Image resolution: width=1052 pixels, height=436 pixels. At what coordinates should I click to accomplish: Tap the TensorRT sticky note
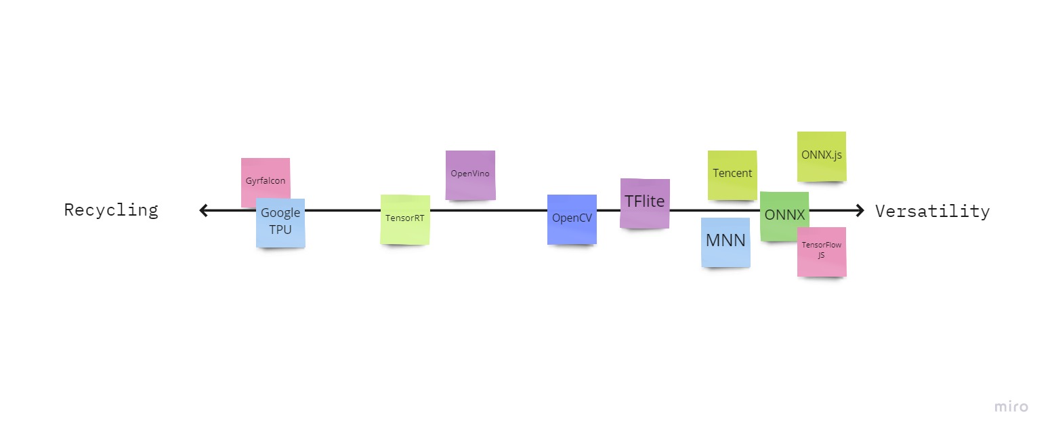(405, 219)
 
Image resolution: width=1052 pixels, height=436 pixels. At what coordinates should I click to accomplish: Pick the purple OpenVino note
(470, 174)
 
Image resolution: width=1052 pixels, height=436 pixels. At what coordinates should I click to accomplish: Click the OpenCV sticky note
(572, 219)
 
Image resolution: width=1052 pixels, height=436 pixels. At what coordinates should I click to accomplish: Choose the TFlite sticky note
(645, 203)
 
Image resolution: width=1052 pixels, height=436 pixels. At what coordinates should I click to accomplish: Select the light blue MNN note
(725, 241)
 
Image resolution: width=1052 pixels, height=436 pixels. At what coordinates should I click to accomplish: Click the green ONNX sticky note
(784, 215)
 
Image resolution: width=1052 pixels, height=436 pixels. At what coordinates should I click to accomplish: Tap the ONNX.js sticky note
(822, 155)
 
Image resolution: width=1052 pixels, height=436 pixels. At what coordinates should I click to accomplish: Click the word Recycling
(111, 210)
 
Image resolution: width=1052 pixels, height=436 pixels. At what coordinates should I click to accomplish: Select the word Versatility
(932, 211)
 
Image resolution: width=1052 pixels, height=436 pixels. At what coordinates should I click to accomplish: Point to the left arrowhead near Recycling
(203, 210)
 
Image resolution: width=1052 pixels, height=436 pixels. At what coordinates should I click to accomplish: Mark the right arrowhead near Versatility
(860, 210)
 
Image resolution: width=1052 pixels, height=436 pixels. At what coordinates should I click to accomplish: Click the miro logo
(1011, 407)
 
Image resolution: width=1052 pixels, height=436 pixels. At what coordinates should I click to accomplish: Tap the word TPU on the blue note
(280, 229)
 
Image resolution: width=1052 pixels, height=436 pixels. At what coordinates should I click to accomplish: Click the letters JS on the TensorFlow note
(822, 256)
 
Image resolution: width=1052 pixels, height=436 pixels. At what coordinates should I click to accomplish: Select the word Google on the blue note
(280, 213)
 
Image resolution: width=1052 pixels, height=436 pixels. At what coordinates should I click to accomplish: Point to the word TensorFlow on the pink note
(822, 245)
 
